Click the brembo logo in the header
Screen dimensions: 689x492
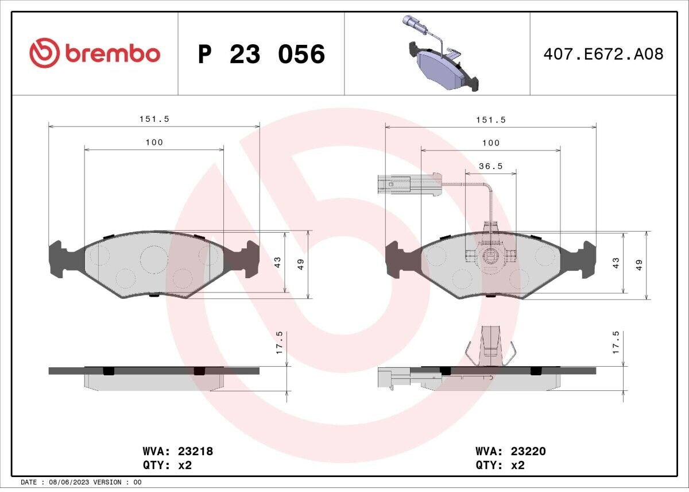(x=95, y=53)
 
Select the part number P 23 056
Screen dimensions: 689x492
(x=261, y=54)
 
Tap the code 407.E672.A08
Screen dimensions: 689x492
(x=603, y=54)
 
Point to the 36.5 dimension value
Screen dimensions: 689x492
(x=490, y=166)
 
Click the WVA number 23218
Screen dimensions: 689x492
(x=195, y=451)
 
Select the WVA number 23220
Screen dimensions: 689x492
(x=528, y=451)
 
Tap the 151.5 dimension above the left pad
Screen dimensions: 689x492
(x=154, y=119)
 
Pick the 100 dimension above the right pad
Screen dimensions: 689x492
(x=491, y=143)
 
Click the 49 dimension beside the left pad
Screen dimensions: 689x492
(x=300, y=264)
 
